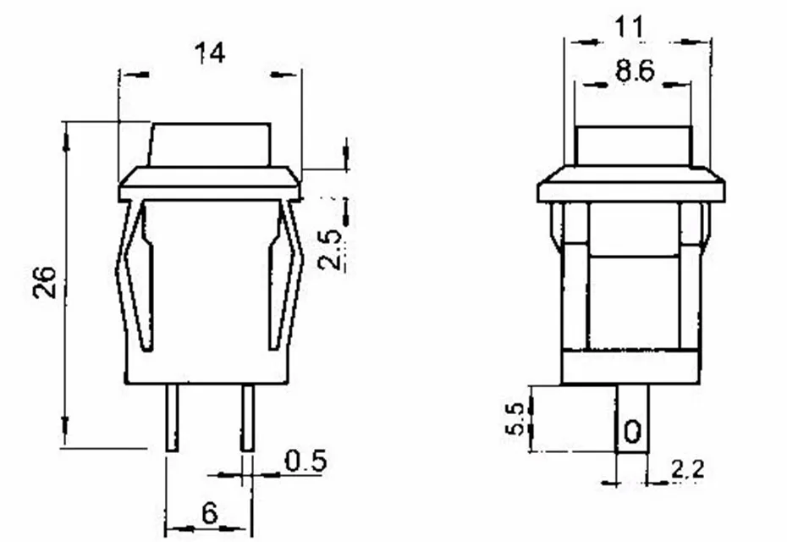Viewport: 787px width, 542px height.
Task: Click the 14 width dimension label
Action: tap(210, 53)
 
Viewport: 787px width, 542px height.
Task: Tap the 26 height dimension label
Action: tap(45, 282)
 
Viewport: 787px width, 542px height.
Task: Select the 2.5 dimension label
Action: tap(331, 249)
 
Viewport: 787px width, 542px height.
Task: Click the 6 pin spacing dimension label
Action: tap(210, 513)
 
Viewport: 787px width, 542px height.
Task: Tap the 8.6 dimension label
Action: tap(635, 71)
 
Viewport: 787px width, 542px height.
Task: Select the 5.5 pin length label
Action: tap(515, 419)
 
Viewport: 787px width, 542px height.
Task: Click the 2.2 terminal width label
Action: tap(688, 469)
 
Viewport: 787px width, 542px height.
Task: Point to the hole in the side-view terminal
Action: tap(632, 432)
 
